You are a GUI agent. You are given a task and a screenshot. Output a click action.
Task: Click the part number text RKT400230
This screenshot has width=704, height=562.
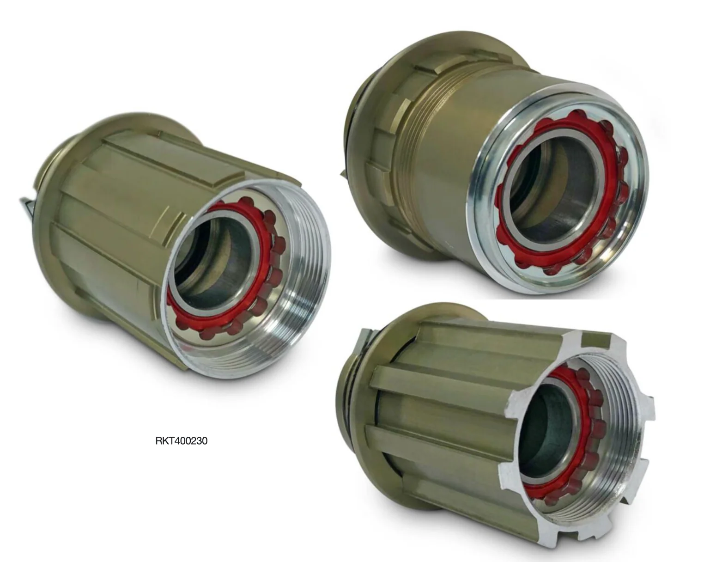coord(181,441)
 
